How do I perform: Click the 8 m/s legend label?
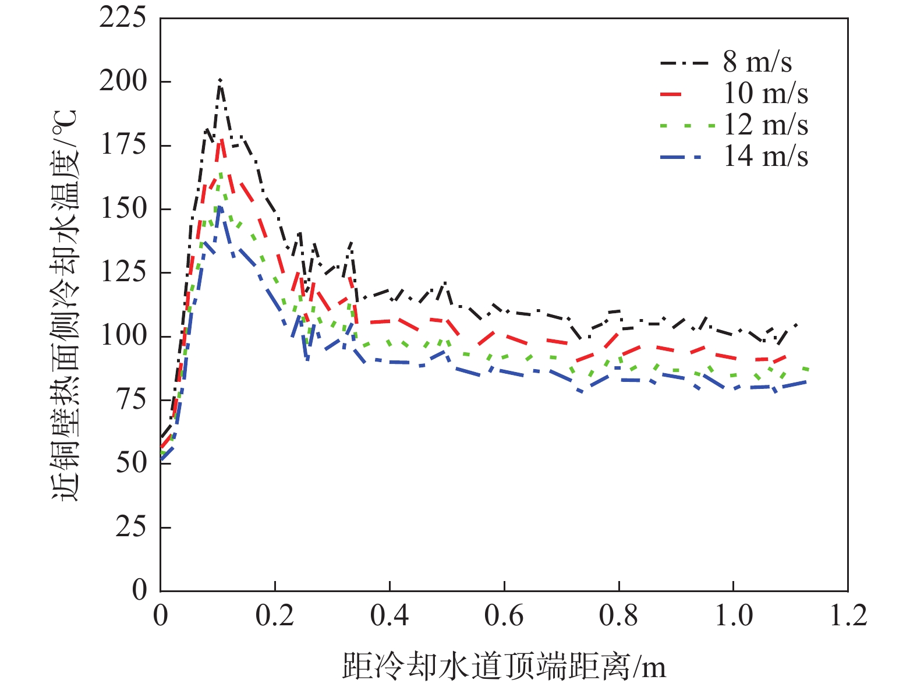[x=757, y=62]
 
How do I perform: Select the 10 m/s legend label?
[x=765, y=93]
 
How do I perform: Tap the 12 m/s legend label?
[x=765, y=125]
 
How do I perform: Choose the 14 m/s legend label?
[x=765, y=156]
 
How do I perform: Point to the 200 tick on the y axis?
[x=122, y=81]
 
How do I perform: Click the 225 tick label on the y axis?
[x=122, y=17]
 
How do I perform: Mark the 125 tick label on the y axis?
[x=122, y=272]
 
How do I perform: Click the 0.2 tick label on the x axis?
[x=275, y=616]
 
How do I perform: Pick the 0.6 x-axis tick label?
[x=504, y=616]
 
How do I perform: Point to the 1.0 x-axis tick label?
[x=733, y=616]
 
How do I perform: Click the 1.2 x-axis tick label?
[x=848, y=616]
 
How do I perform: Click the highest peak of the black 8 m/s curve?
[x=220, y=80]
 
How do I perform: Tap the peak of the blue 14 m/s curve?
[x=219, y=207]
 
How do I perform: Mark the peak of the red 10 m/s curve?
[x=221, y=140]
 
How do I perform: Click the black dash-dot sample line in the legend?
[x=685, y=62]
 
